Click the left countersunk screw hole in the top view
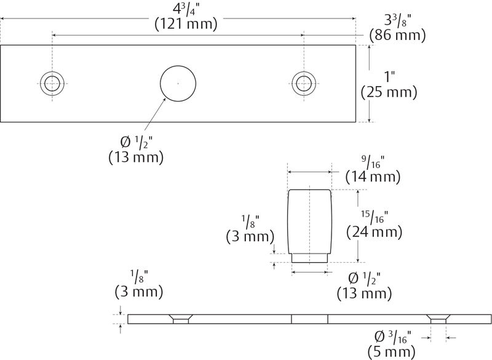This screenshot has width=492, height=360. (x=52, y=83)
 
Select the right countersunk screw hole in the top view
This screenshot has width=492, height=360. (x=303, y=83)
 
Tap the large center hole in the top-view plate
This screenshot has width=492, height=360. (x=178, y=83)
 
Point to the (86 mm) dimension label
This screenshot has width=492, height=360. (x=397, y=36)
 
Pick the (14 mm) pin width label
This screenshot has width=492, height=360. (x=373, y=177)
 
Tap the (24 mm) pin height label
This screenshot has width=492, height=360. (x=375, y=232)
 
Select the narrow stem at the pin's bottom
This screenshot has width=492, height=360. (x=310, y=258)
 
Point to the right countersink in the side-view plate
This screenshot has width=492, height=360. (x=438, y=319)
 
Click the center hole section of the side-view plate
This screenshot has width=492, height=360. (x=309, y=319)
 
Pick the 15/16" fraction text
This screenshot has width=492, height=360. (x=373, y=215)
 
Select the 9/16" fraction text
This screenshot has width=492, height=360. (x=373, y=162)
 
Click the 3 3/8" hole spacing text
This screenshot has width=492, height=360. (x=397, y=18)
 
